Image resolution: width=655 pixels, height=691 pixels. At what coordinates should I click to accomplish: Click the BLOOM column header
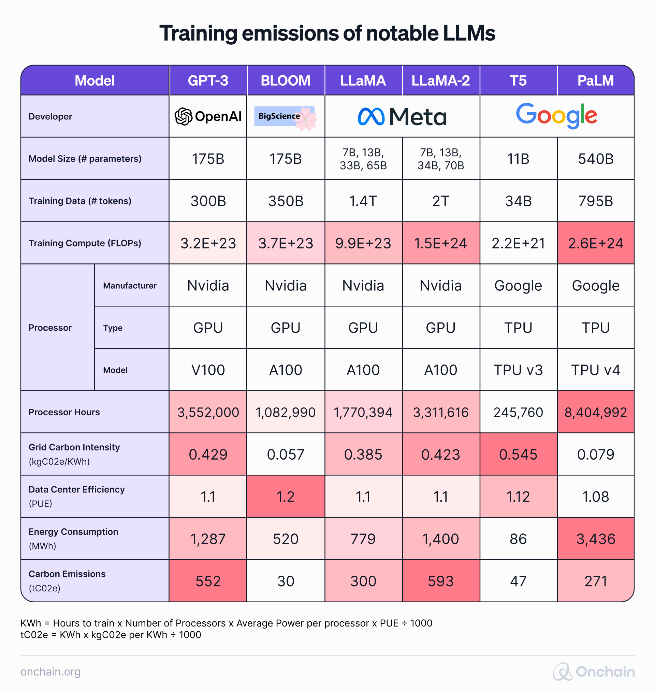(285, 81)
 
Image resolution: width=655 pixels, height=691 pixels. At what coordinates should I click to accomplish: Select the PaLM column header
(595, 81)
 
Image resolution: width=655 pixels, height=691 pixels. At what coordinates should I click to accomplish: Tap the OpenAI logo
(208, 116)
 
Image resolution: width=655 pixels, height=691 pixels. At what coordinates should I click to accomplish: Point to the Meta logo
(402, 117)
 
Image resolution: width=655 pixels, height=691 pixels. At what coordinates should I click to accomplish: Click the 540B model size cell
(595, 159)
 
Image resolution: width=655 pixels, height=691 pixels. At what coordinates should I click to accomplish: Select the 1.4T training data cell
(363, 201)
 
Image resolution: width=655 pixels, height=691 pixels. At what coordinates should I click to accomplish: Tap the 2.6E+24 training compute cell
(595, 243)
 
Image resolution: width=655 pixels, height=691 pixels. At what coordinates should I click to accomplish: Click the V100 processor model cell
(208, 370)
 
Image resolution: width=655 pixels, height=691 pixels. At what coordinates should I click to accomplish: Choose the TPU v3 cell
(518, 370)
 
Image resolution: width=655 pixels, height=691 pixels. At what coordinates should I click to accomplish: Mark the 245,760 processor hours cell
(518, 412)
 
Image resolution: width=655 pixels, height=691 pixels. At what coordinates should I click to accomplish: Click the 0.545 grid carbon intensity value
(518, 455)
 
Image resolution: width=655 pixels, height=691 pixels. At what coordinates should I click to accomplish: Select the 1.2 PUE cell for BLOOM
(285, 497)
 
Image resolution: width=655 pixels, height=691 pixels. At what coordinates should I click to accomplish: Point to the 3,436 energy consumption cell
(595, 539)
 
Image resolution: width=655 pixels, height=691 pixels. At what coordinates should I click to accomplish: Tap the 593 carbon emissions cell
(441, 581)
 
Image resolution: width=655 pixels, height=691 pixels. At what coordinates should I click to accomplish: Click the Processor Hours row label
(64, 412)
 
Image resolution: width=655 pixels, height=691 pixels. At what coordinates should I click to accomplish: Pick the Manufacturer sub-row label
(130, 286)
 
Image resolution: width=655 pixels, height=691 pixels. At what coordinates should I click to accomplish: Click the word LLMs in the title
(469, 33)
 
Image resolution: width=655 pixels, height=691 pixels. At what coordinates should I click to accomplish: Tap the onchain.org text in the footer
(50, 672)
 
